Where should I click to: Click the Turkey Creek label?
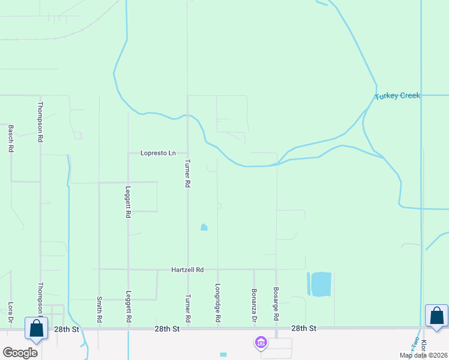[397, 96]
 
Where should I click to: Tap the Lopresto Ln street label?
[158, 153]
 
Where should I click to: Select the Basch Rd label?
[11, 138]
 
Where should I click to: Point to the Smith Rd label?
[99, 308]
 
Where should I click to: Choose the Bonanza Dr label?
[254, 305]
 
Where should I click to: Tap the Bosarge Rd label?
[276, 303]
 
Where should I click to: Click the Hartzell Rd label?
[188, 270]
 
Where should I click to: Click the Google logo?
[20, 353]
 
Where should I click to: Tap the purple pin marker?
[261, 343]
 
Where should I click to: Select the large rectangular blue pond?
[320, 284]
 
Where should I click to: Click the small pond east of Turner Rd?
[204, 227]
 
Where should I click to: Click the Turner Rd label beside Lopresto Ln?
[188, 173]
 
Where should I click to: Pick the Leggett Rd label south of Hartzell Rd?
[128, 307]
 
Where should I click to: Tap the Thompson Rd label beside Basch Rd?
[40, 121]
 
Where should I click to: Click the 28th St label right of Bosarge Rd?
[303, 329]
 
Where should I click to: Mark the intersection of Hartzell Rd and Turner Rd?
[188, 269]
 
